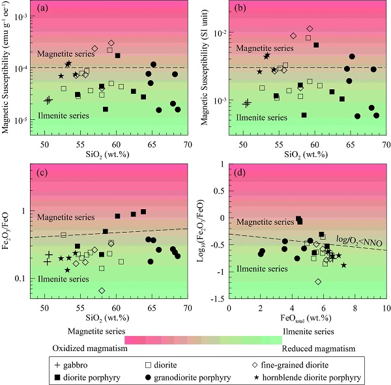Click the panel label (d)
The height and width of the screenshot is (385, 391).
pyautogui.click(x=240, y=172)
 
